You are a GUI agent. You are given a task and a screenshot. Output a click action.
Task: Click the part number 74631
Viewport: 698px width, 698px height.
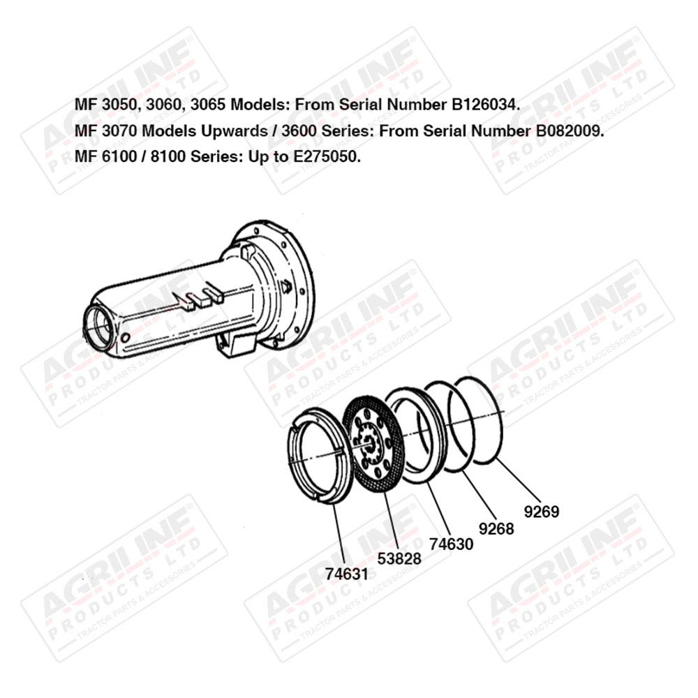tap(347, 574)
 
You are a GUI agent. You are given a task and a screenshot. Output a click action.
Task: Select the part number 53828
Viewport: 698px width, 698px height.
tap(399, 558)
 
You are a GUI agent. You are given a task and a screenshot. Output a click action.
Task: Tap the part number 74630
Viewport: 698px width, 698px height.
tap(452, 544)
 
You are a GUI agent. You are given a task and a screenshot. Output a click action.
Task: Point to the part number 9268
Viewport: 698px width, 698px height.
tap(496, 528)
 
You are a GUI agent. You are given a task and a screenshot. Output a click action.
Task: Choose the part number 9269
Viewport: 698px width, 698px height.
tap(542, 512)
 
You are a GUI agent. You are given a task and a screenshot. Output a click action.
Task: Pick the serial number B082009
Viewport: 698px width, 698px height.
tap(567, 131)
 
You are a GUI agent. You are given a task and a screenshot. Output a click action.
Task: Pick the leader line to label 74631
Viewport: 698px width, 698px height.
tap(339, 534)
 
